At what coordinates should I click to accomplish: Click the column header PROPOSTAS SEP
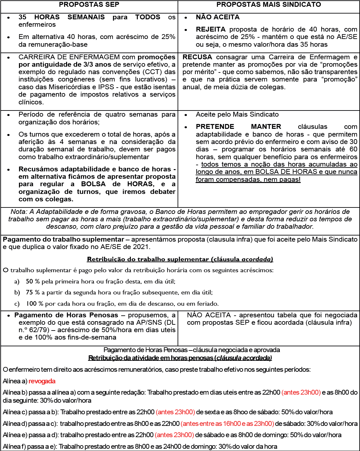tap(89, 5)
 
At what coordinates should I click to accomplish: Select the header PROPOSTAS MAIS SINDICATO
tap(268, 5)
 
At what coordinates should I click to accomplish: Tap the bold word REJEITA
tap(211, 29)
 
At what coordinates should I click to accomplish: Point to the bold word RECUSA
tap(197, 57)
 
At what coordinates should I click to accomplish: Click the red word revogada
tap(42, 381)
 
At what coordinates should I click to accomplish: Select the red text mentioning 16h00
tap(227, 424)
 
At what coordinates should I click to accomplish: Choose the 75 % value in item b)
tap(33, 293)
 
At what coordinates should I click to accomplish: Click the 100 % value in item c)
tap(34, 303)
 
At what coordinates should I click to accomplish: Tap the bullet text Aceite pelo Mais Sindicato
tap(237, 114)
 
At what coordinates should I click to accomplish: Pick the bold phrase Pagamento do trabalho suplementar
tap(63, 239)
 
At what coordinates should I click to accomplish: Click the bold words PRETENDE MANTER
tap(238, 127)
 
